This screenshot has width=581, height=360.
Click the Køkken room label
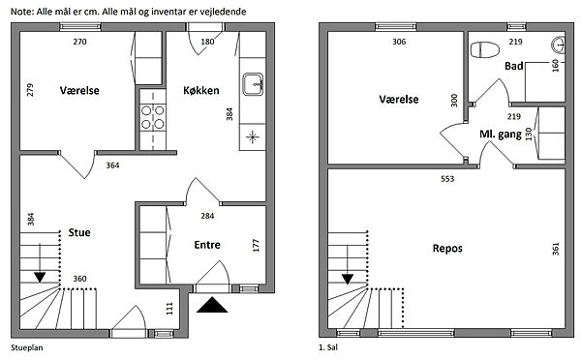201,90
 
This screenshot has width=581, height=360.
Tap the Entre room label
207,245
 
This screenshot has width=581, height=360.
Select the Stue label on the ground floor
79,232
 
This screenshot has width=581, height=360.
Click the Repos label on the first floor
447,248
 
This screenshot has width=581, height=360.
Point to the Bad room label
514,67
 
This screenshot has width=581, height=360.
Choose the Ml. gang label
501,135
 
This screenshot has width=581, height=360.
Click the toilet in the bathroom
485,49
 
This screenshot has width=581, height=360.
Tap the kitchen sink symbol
253,84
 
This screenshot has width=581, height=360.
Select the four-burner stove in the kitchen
153,117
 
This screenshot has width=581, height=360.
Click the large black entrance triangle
212,305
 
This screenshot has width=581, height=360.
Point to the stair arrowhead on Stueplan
40,278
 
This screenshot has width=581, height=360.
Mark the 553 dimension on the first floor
447,179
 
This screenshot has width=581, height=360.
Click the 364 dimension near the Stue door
112,165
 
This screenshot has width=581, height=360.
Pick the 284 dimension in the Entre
207,216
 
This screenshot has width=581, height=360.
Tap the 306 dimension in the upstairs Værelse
399,42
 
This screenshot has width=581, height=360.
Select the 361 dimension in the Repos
556,249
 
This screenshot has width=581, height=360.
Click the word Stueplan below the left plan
27,347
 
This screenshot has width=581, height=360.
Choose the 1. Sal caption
328,347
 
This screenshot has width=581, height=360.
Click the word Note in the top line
22,12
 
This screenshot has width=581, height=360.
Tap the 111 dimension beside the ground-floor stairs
169,309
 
